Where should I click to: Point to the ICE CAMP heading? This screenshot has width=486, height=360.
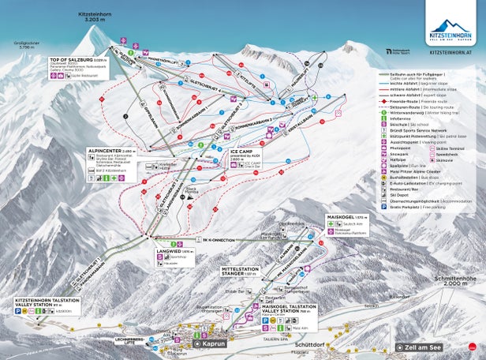click(241, 148)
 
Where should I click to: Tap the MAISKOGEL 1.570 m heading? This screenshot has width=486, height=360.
click(346, 216)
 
